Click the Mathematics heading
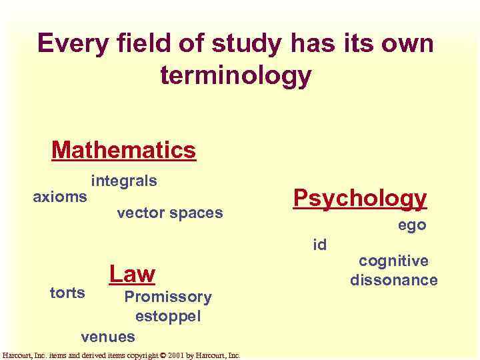(x=123, y=150)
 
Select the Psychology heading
(x=360, y=198)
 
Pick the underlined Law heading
(x=132, y=273)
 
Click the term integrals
(x=124, y=181)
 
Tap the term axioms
(x=60, y=197)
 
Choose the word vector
(x=141, y=213)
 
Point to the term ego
(x=412, y=226)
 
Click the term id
(x=320, y=245)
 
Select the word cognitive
(x=393, y=261)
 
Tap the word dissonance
(x=394, y=280)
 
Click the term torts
(x=68, y=293)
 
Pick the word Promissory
(x=168, y=297)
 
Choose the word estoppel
(x=167, y=316)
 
